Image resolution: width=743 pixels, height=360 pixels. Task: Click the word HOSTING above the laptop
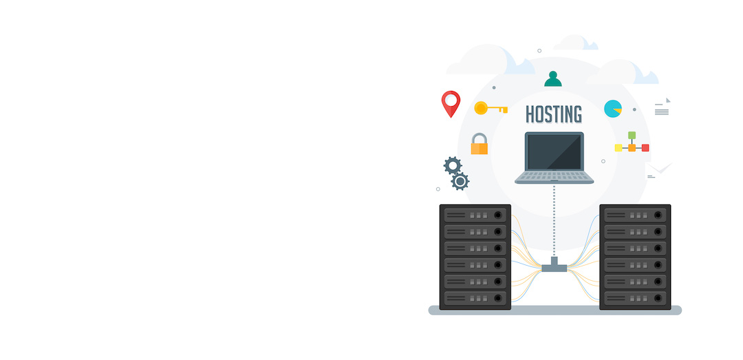coord(553,114)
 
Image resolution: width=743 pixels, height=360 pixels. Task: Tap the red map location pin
coord(451,103)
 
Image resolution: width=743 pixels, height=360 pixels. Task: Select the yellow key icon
coord(491,109)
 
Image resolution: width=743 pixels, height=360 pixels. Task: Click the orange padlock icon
coord(479,144)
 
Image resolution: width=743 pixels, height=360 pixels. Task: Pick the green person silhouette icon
coord(553,79)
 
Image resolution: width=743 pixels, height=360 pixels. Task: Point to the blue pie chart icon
coord(613,109)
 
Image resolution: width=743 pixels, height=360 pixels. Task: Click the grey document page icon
coord(663,107)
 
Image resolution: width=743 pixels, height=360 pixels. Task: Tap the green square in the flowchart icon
coord(632,135)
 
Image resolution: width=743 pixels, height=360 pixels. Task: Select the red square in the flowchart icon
coord(645,147)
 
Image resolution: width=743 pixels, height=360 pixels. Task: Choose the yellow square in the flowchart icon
coord(618,147)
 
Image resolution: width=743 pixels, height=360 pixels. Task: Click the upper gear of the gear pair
coord(453,165)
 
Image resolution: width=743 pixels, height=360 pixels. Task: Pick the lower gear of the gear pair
coord(460,181)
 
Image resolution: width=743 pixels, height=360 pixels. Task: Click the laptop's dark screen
coord(554,152)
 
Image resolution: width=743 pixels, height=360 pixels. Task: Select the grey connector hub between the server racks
coord(554,266)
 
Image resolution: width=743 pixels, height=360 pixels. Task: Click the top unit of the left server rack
coord(475,215)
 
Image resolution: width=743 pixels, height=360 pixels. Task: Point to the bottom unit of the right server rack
coord(635,298)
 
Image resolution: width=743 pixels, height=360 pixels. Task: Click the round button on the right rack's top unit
coord(658,215)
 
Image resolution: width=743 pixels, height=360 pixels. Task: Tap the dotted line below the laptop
coord(554,220)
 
